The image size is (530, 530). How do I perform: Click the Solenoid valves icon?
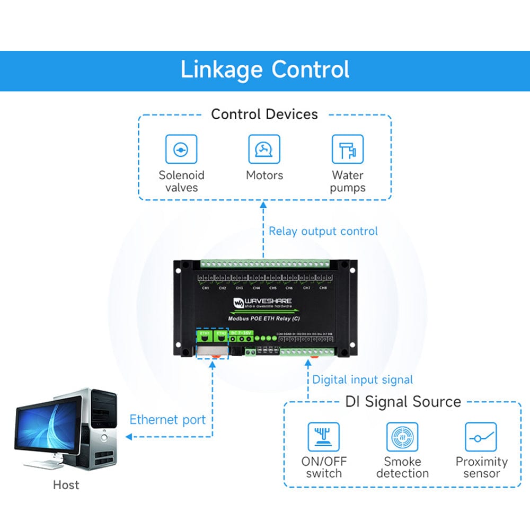[181, 149]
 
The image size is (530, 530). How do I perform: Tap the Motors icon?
[264, 149]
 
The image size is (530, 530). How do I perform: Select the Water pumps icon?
[348, 149]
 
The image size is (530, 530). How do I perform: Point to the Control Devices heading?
[264, 114]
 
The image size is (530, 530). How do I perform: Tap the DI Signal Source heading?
[403, 402]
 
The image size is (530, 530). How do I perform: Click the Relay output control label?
[323, 231]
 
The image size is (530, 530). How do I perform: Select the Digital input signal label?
[363, 379]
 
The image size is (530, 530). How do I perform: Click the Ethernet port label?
[167, 420]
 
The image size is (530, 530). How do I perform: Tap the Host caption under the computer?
[66, 484]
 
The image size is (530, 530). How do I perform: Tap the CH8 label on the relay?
[323, 288]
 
